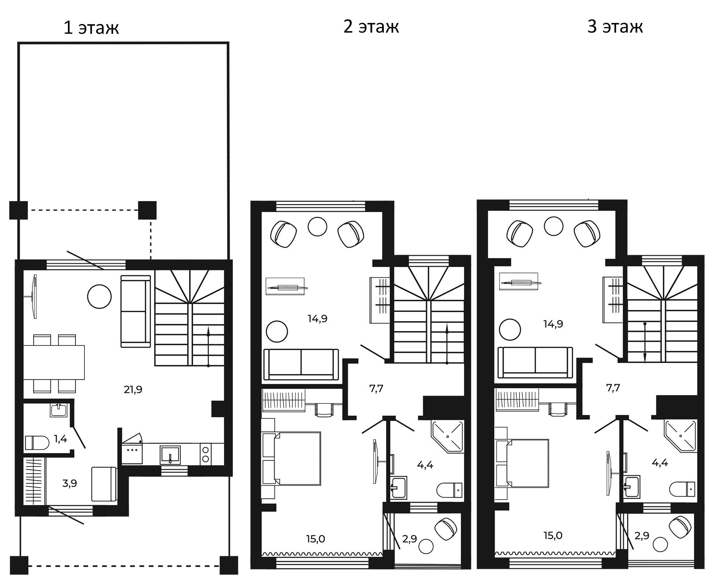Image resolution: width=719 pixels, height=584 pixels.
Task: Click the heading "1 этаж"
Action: [91, 28]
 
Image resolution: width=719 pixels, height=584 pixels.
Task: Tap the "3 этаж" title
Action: [615, 27]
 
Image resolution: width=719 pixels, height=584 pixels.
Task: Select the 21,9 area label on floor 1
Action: [133, 389]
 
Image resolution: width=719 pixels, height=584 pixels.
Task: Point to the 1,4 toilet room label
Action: [60, 439]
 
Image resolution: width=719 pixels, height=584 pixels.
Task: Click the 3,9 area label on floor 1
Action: [70, 483]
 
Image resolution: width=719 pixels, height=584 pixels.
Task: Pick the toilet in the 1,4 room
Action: [37, 443]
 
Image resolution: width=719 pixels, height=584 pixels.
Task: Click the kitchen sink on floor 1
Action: [170, 455]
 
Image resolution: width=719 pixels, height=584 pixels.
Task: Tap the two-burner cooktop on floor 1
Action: [206, 454]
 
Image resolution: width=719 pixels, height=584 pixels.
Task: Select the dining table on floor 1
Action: [54, 362]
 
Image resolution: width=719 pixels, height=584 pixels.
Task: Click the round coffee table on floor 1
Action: [99, 297]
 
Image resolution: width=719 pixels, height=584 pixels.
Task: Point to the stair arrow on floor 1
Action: [208, 346]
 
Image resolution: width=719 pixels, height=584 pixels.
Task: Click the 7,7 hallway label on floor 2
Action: [376, 388]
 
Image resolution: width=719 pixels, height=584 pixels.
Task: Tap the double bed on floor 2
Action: [291, 459]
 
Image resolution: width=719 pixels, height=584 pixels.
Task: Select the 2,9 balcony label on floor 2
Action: [409, 539]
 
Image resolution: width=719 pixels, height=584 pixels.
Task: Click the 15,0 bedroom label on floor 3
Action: [553, 535]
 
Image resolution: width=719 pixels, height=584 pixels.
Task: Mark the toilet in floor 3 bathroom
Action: [683, 489]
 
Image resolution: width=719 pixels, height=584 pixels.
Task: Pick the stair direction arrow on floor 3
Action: [645, 343]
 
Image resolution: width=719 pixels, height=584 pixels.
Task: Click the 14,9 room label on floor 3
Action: [553, 324]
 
